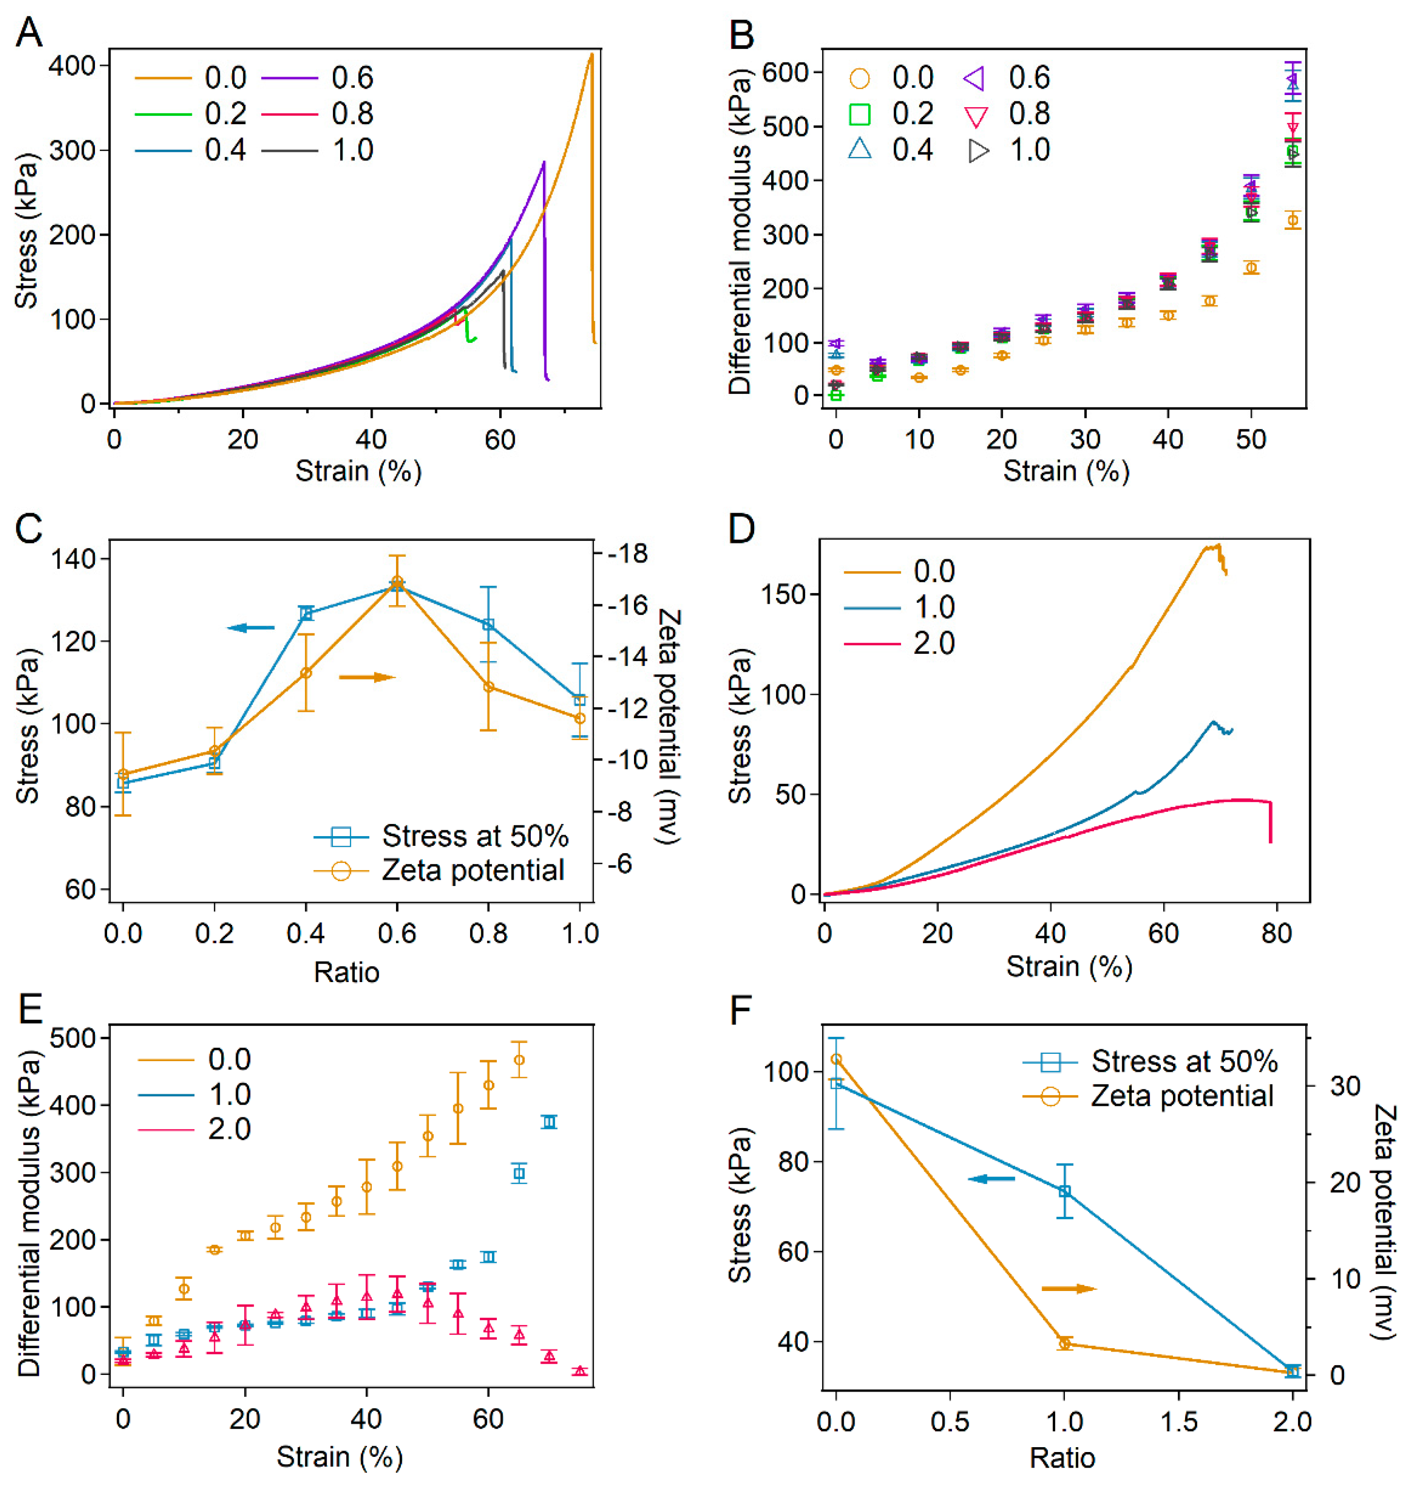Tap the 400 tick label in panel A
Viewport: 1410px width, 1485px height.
[x=72, y=66]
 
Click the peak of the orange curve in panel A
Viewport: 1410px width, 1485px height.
[x=591, y=54]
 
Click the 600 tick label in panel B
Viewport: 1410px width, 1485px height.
[x=785, y=73]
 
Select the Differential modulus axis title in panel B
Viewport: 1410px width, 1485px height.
[x=740, y=232]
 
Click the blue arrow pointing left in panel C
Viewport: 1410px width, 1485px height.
[x=251, y=627]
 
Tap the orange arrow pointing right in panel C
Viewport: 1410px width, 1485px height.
[x=367, y=678]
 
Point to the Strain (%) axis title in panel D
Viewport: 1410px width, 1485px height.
[x=1069, y=966]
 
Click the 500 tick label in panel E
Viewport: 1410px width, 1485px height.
[x=73, y=1038]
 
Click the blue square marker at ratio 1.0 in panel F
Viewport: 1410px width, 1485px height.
[x=1064, y=1191]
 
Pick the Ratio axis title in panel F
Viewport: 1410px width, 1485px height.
[x=1062, y=1458]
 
